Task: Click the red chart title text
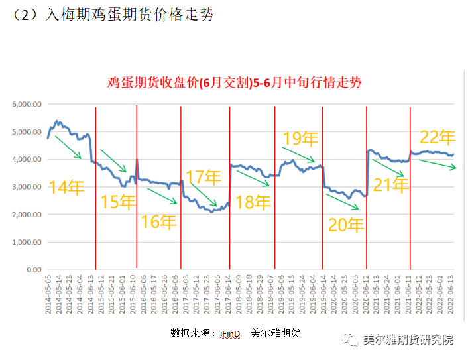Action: (235, 83)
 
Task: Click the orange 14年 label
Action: (66, 188)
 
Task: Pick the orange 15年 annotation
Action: (118, 202)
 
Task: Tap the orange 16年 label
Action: (159, 221)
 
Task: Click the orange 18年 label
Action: (253, 202)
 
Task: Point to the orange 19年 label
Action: (300, 139)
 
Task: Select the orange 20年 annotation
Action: (346, 225)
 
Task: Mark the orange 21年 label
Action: (390, 186)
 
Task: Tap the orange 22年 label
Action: (438, 137)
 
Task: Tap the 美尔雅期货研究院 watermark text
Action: (408, 340)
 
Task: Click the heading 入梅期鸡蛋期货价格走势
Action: (129, 15)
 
